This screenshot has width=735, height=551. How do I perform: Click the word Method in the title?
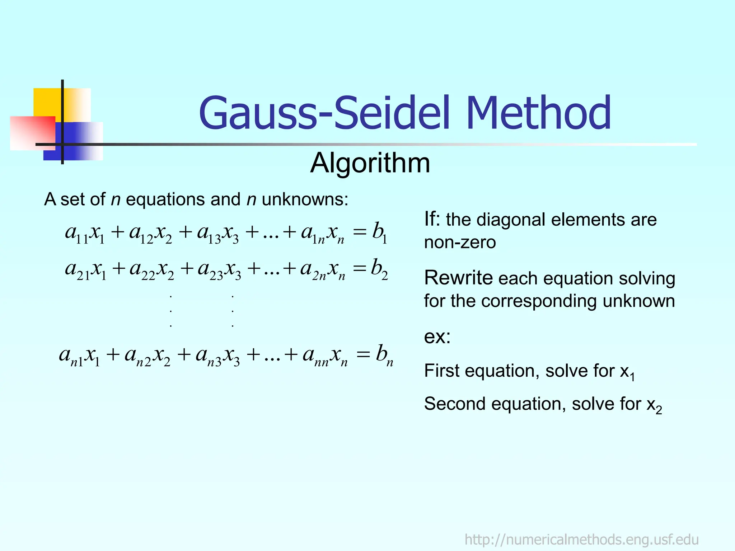coord(538,113)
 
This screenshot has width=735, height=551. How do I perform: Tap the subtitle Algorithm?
coord(370,163)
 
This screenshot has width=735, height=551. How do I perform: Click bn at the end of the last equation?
coord(384,355)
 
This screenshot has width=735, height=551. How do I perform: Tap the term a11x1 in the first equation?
coord(85,233)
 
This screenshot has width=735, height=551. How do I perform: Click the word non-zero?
coord(460,242)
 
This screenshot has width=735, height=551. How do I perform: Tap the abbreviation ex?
coord(437,337)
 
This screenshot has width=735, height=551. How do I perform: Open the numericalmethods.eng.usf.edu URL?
coord(581,540)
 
